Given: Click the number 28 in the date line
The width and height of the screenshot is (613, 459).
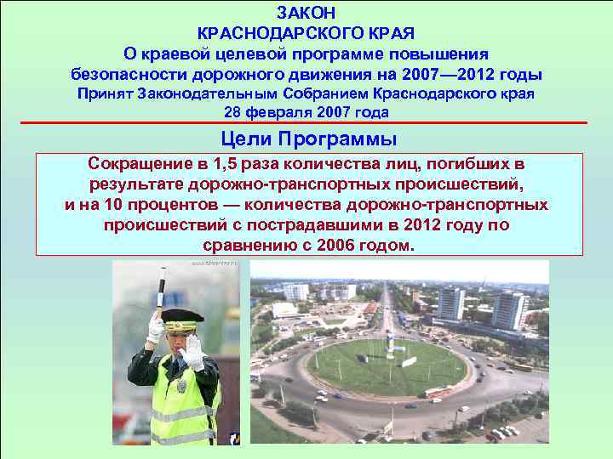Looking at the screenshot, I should pos(232,112).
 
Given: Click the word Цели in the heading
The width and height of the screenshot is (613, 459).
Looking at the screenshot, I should pos(245,138).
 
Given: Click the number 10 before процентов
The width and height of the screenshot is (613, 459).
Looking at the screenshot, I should pos(114,206).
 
